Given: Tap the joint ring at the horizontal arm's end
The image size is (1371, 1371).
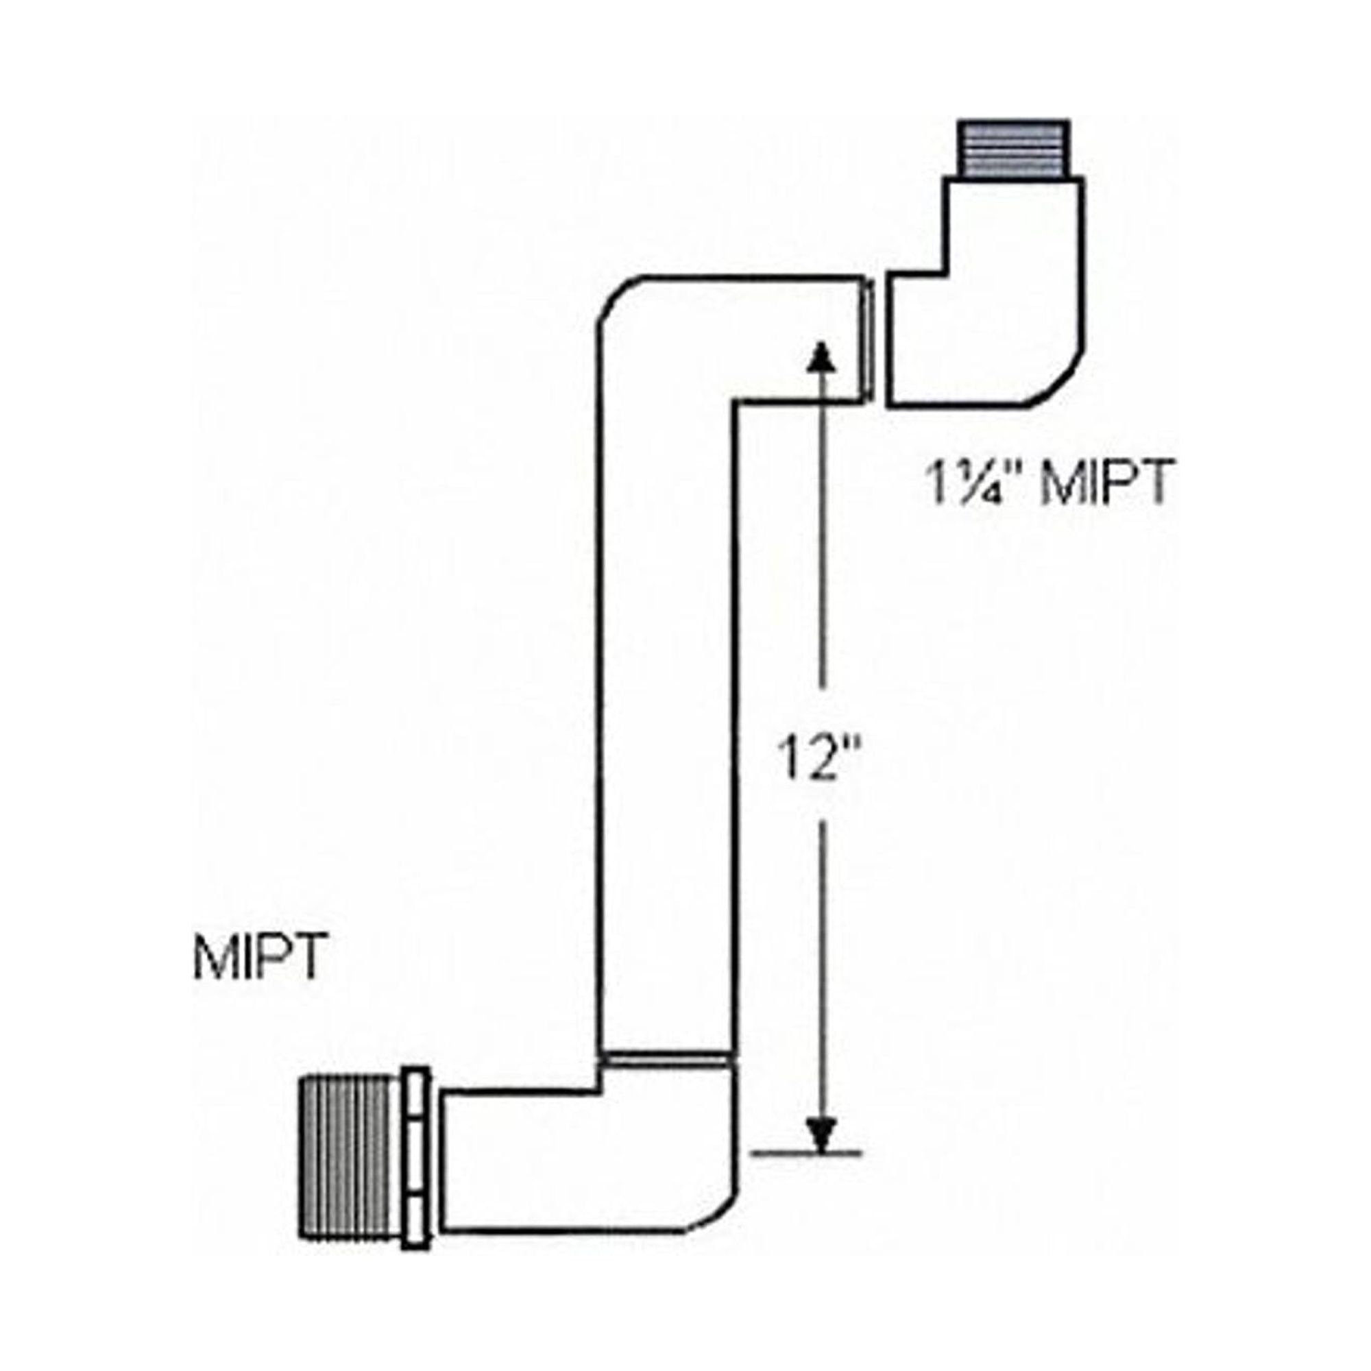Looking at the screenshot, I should [x=869, y=341].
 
